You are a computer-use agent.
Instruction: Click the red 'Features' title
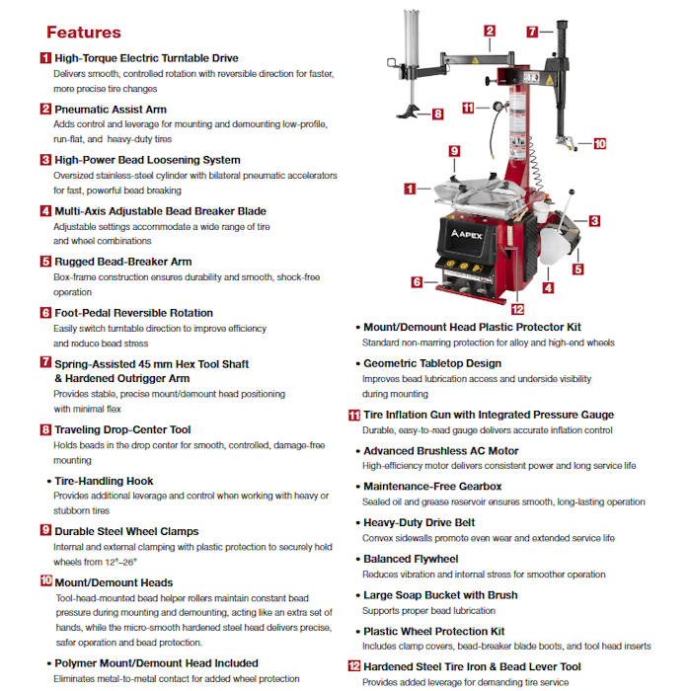click(84, 33)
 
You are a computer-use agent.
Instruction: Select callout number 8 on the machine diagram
click(438, 114)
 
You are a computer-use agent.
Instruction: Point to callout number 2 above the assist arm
click(490, 31)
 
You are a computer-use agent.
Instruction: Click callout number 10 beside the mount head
click(599, 143)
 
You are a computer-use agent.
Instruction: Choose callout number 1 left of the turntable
click(410, 188)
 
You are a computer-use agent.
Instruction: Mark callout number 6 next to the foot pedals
click(418, 281)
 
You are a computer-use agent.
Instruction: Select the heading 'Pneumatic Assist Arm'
click(111, 109)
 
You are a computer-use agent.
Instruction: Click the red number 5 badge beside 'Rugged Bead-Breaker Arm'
click(45, 262)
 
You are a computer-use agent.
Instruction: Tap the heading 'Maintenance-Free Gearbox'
click(432, 487)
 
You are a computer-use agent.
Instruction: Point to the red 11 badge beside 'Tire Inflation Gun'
click(354, 415)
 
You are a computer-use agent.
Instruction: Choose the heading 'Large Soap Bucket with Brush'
click(440, 595)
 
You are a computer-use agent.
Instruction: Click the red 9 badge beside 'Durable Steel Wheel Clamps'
click(45, 531)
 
